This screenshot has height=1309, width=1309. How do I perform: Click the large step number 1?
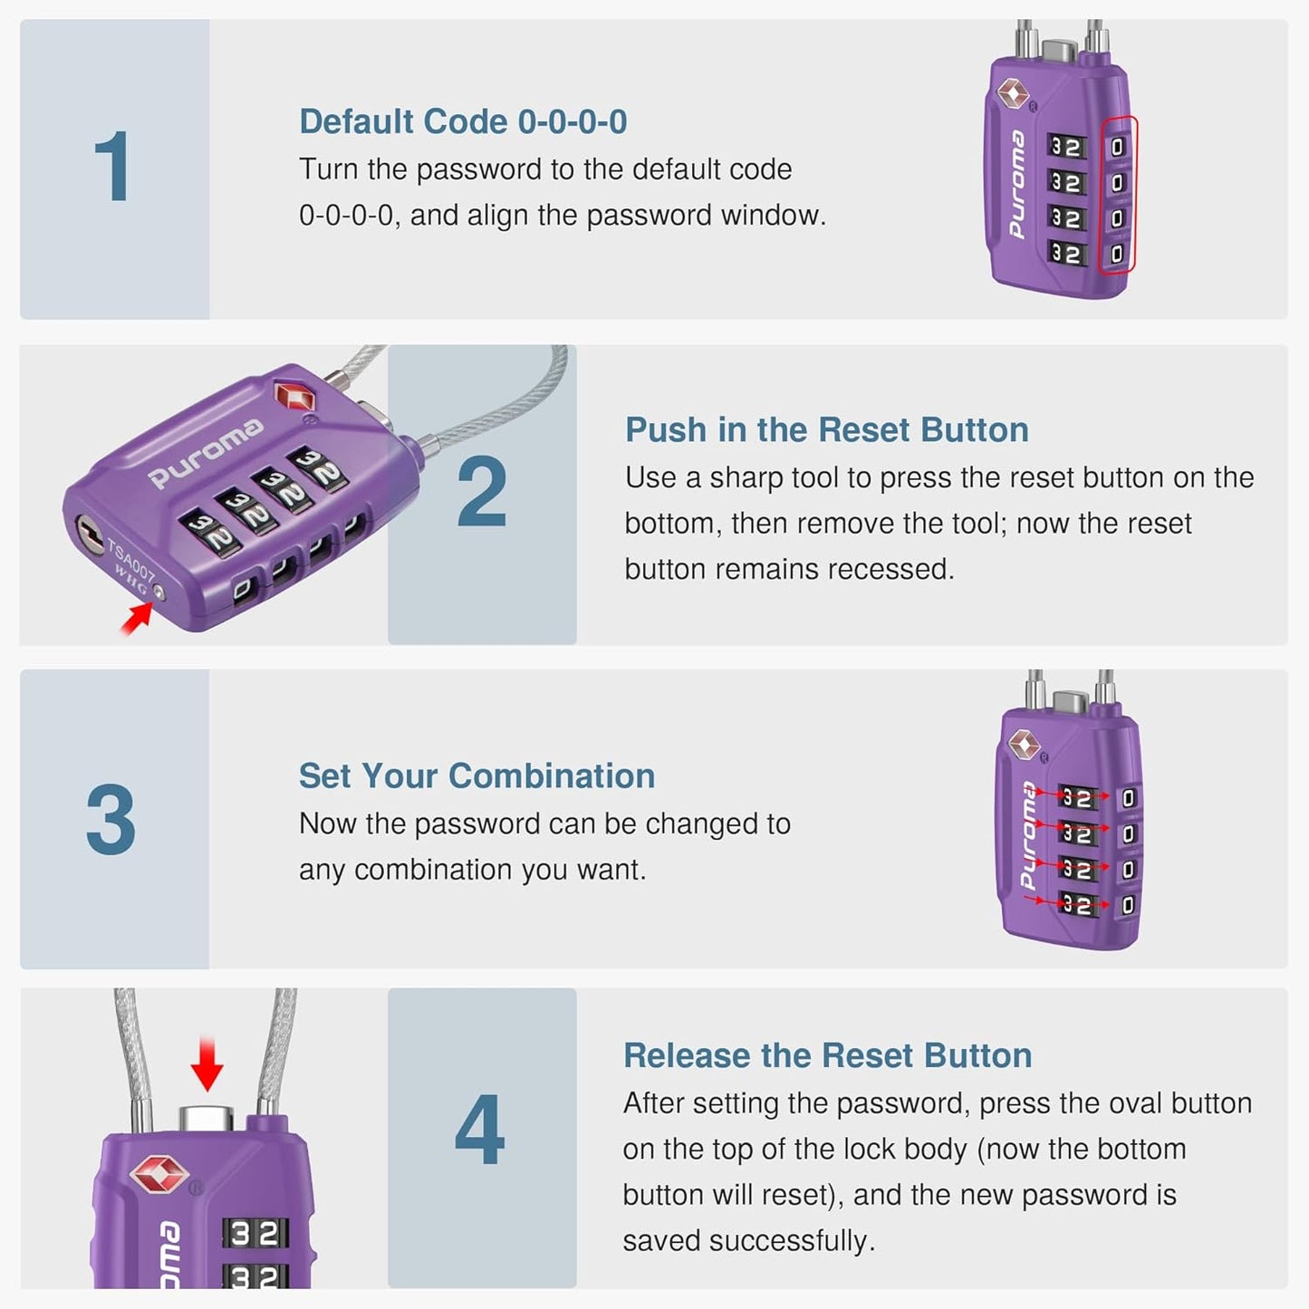(113, 168)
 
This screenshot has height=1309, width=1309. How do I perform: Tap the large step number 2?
(481, 493)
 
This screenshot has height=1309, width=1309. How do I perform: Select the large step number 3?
(111, 820)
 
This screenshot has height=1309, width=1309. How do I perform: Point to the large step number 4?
(480, 1131)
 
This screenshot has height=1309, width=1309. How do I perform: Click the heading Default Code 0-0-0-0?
(463, 122)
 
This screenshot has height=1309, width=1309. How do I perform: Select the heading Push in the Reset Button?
(826, 430)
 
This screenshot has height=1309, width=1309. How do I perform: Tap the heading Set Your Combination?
(476, 776)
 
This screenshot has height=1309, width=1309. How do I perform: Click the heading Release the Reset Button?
(827, 1056)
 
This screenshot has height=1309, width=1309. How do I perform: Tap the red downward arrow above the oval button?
(207, 1065)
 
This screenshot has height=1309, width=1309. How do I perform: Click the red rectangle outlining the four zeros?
(1118, 195)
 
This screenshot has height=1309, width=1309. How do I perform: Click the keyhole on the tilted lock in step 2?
(89, 531)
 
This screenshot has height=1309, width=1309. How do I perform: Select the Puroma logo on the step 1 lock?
(1016, 186)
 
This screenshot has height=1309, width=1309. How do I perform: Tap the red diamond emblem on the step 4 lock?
(159, 1173)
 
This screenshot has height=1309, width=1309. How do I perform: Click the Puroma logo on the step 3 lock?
(1027, 835)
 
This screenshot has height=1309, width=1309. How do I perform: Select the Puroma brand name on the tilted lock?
(207, 452)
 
